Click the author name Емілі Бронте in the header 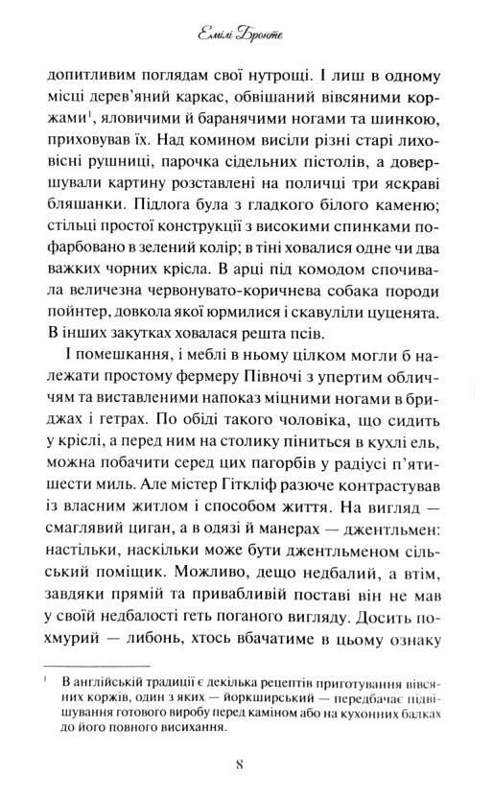(x=246, y=39)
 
